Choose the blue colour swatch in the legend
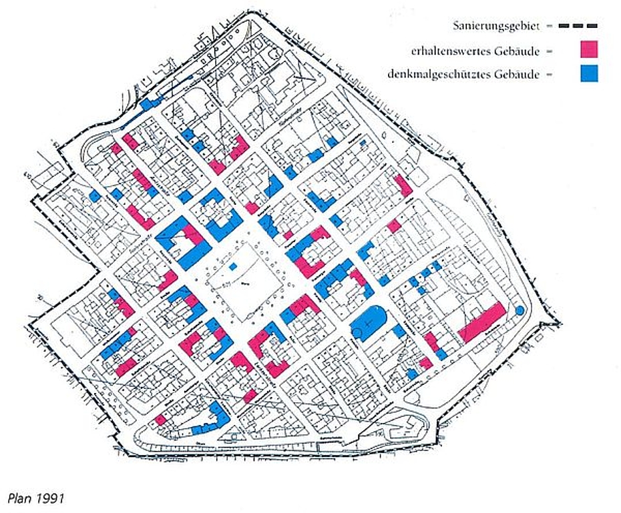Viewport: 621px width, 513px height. coord(588,73)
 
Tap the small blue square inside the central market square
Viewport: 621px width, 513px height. coord(232,266)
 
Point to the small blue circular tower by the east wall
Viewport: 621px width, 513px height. coord(520,310)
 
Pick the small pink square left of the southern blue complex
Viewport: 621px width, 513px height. coord(160,419)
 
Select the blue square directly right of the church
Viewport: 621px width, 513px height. coord(399,332)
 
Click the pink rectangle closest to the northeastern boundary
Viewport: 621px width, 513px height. coord(403,185)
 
